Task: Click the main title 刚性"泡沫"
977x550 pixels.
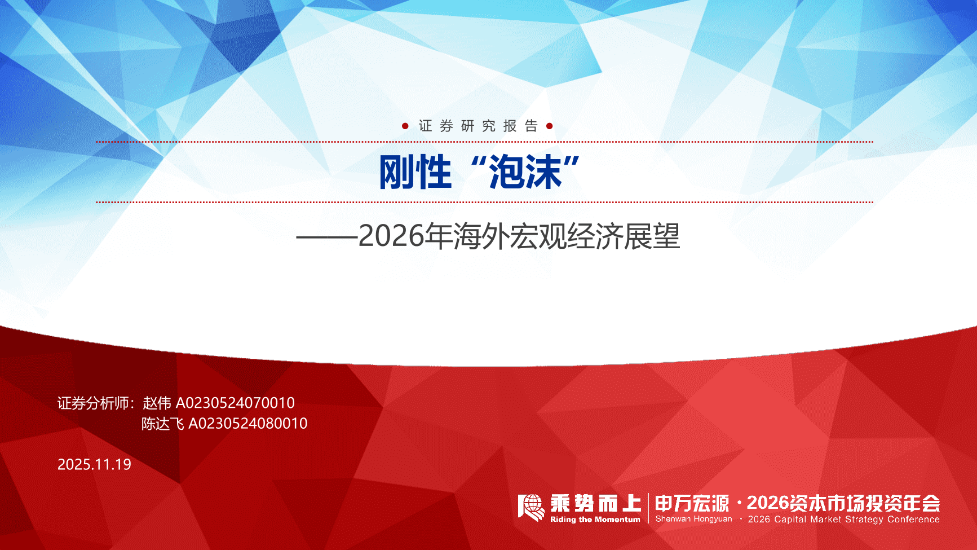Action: pyautogui.click(x=479, y=172)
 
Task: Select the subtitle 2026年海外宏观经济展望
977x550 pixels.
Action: pyautogui.click(x=519, y=236)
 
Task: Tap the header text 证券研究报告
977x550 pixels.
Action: pyautogui.click(x=478, y=126)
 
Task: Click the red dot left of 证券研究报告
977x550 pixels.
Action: pyautogui.click(x=405, y=126)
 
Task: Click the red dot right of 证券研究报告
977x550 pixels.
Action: pyautogui.click(x=550, y=126)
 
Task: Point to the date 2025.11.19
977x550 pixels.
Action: pyautogui.click(x=94, y=464)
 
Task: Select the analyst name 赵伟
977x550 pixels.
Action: pyautogui.click(x=157, y=403)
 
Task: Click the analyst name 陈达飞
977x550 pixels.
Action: pyautogui.click(x=162, y=423)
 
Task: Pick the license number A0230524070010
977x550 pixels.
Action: pyautogui.click(x=235, y=403)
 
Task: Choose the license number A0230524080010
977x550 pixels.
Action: pyautogui.click(x=247, y=423)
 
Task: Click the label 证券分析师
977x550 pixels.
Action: pyautogui.click(x=93, y=403)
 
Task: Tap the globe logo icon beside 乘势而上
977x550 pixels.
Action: pyautogui.click(x=531, y=508)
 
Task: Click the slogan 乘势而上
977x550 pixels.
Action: pyautogui.click(x=595, y=503)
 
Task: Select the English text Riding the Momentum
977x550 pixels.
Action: pyautogui.click(x=595, y=520)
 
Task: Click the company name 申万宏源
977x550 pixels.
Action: pyautogui.click(x=692, y=503)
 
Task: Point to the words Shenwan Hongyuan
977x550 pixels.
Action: pyautogui.click(x=693, y=519)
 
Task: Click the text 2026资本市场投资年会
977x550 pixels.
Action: pyautogui.click(x=843, y=503)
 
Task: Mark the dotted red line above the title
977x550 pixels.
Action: pyautogui.click(x=485, y=142)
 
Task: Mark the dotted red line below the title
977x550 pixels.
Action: pyautogui.click(x=485, y=201)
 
